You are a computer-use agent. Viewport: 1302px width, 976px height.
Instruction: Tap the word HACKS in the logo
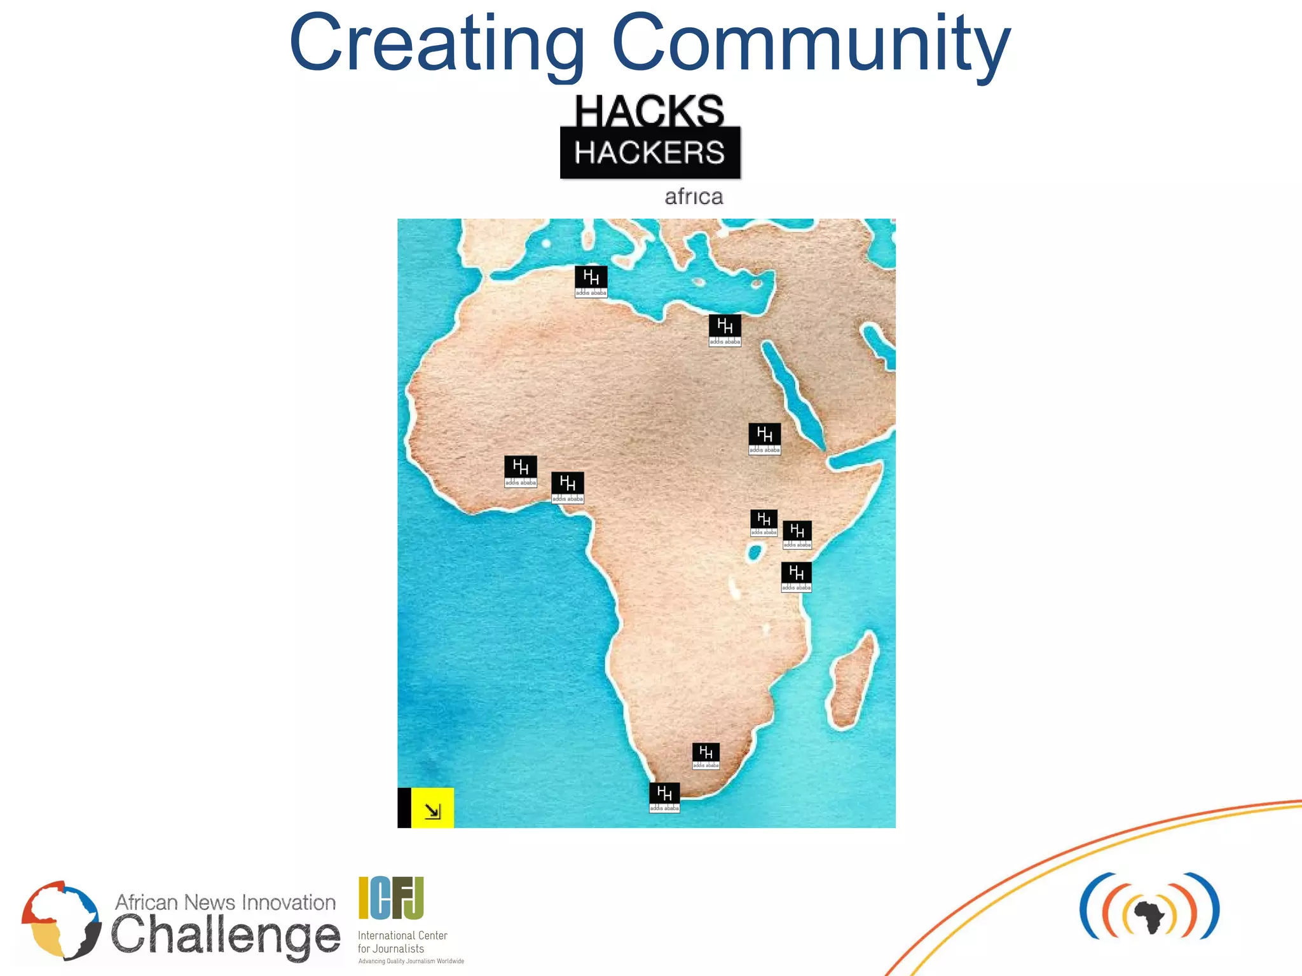649,111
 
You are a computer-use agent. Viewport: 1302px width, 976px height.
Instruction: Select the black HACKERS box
650,153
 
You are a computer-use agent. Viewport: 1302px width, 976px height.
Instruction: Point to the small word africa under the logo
694,197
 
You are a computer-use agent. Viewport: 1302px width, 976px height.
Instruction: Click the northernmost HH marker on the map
591,281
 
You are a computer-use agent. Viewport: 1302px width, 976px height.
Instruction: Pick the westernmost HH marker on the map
520,471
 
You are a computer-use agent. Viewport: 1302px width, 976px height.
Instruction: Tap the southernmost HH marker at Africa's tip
664,797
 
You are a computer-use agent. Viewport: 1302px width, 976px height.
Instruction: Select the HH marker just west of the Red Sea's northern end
725,330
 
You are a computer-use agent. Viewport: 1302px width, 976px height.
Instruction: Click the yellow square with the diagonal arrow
432,808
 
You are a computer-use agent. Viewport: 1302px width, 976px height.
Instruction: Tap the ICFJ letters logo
391,898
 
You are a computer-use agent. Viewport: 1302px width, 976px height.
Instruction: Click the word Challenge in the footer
226,936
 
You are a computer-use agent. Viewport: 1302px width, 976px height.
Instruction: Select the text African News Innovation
225,902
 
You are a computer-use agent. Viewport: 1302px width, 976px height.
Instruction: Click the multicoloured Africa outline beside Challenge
60,919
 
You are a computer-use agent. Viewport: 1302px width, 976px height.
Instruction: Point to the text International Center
402,935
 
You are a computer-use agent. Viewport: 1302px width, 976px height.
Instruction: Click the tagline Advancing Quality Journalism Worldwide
411,961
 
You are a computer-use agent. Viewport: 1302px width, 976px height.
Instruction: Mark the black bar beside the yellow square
404,808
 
